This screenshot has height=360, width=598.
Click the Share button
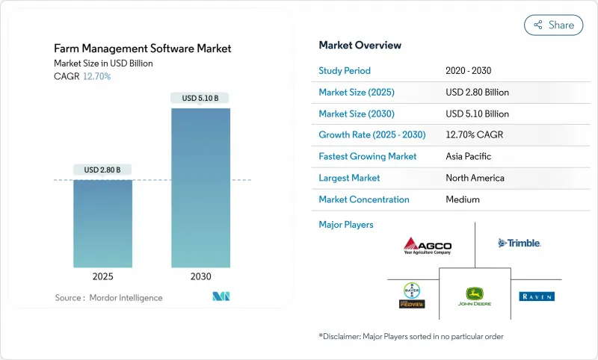(x=554, y=25)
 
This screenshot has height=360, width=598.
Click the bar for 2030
(x=200, y=187)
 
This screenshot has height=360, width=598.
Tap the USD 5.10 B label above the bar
(x=200, y=98)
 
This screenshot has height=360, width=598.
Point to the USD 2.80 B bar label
(x=102, y=170)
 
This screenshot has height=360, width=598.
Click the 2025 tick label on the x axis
(x=102, y=276)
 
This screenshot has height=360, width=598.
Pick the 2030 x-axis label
(x=200, y=276)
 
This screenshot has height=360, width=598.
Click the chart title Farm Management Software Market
(x=143, y=49)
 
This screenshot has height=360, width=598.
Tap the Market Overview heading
(x=360, y=46)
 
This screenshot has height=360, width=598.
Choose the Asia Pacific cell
(x=469, y=157)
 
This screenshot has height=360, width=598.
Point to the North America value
(x=475, y=178)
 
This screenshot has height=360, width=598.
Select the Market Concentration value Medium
(x=462, y=199)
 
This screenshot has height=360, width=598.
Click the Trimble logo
(x=520, y=243)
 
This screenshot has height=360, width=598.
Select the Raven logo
(x=537, y=297)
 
